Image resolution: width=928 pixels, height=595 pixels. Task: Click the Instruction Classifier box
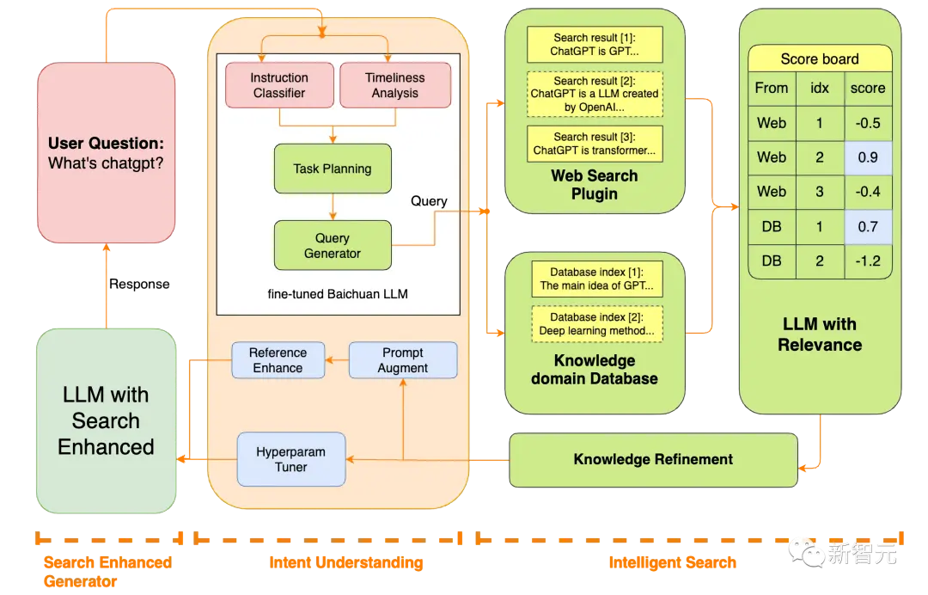pyautogui.click(x=279, y=85)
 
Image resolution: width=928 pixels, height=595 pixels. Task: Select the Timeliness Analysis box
pyautogui.click(x=394, y=85)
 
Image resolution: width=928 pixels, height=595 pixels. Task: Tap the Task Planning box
pyautogui.click(x=333, y=169)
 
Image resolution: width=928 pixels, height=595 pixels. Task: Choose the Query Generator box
pyautogui.click(x=333, y=245)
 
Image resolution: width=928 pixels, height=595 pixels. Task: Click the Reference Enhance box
pyautogui.click(x=278, y=360)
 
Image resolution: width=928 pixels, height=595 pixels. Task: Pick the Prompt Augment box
pyautogui.click(x=403, y=360)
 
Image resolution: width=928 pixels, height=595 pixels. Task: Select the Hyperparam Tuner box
pyautogui.click(x=291, y=459)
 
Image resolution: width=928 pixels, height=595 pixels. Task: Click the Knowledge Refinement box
pyautogui.click(x=653, y=460)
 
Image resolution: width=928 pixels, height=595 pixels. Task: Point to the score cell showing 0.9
pyautogui.click(x=868, y=157)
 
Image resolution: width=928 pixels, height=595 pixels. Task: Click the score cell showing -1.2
pyautogui.click(x=868, y=261)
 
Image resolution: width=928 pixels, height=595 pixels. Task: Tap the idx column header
pyautogui.click(x=820, y=89)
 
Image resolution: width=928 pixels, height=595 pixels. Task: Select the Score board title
pyautogui.click(x=820, y=58)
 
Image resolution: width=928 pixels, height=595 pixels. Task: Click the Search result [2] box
pyautogui.click(x=595, y=94)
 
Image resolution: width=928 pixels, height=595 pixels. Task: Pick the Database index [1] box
pyautogui.click(x=597, y=279)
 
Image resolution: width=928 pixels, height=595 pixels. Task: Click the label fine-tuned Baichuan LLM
pyautogui.click(x=338, y=294)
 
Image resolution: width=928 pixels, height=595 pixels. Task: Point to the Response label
pyautogui.click(x=140, y=285)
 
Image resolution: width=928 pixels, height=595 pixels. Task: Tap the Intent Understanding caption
pyautogui.click(x=346, y=562)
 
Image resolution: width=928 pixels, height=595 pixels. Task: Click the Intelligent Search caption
pyautogui.click(x=673, y=562)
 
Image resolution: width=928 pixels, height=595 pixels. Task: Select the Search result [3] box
pyautogui.click(x=595, y=144)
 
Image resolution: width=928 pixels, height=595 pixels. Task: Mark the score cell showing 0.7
pyautogui.click(x=868, y=227)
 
